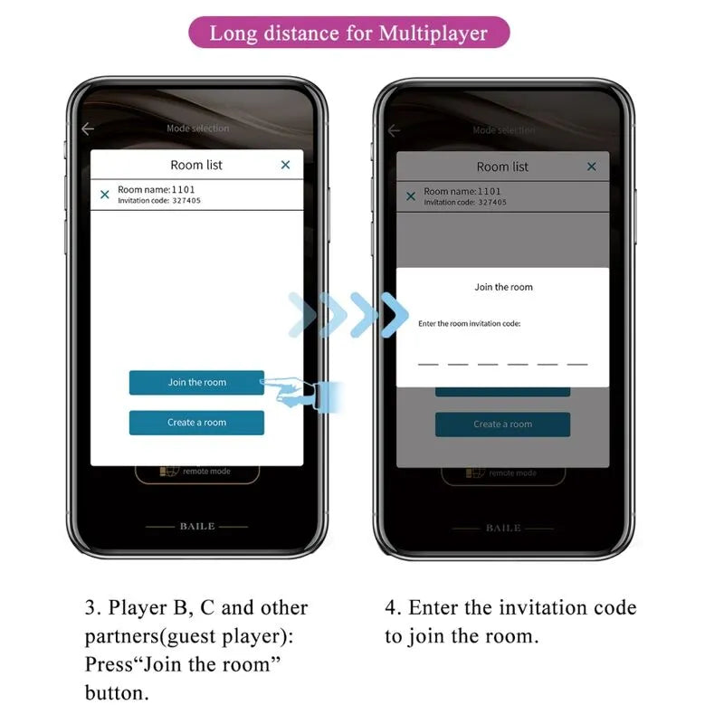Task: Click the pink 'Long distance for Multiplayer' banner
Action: (x=348, y=33)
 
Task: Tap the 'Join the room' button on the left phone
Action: (x=196, y=382)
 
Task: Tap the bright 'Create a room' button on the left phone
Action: (x=196, y=423)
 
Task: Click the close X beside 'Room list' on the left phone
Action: (x=285, y=165)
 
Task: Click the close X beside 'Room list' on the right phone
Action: (x=592, y=167)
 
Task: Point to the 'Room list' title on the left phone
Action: (x=196, y=165)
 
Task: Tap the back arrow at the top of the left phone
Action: (x=88, y=129)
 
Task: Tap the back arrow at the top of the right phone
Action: (x=394, y=131)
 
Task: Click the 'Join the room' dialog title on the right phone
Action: (x=503, y=287)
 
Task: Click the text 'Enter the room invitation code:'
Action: (x=469, y=323)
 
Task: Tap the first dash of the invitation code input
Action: (x=428, y=364)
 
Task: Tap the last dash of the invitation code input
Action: (x=577, y=364)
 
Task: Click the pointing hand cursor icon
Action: (x=294, y=391)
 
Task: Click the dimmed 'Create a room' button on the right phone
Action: (x=502, y=424)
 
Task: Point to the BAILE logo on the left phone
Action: (x=196, y=526)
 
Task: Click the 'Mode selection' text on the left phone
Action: (x=197, y=129)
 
